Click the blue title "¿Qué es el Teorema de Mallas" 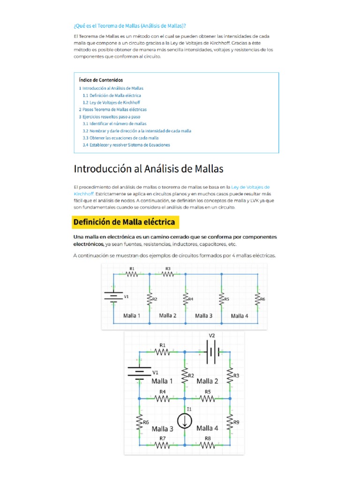point(133,25)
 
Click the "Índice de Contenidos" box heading point(101,80)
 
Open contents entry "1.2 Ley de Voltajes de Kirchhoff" point(111,103)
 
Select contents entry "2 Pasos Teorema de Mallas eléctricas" point(112,110)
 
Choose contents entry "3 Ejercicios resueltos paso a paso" point(109,117)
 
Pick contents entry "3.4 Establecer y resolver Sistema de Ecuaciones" point(126,145)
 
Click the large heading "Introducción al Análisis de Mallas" point(149,168)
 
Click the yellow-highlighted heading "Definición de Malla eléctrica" point(125,222)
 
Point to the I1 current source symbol point(186,421)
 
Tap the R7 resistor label point(162,438)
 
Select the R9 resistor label point(237,422)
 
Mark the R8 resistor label point(208,438)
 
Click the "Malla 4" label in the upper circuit point(240,315)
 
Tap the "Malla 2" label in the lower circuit point(207,381)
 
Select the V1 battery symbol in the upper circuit point(112,297)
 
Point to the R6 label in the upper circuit point(262,299)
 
